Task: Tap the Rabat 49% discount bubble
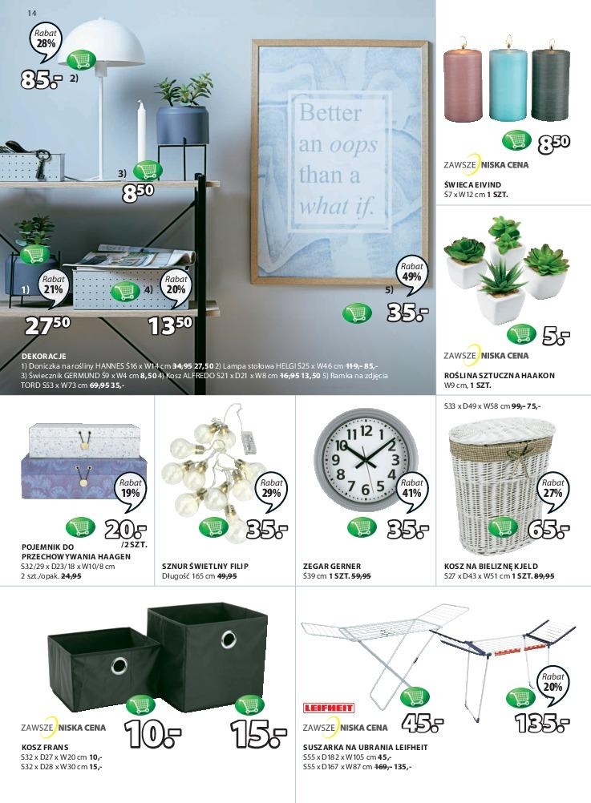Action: click(x=411, y=274)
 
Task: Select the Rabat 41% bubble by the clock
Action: click(x=411, y=490)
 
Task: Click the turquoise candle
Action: click(x=508, y=83)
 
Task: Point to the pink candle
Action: click(x=463, y=84)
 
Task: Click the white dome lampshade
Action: click(x=101, y=42)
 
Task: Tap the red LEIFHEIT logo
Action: click(x=329, y=708)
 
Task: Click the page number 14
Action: click(x=32, y=14)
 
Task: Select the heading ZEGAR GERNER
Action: click(x=332, y=566)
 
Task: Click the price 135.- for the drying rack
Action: click(x=542, y=724)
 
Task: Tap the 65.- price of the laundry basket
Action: click(x=548, y=529)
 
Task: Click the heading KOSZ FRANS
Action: click(x=45, y=747)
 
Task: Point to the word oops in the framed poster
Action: click(x=352, y=144)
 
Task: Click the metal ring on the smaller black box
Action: click(x=119, y=665)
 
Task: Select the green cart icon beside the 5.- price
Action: click(x=521, y=334)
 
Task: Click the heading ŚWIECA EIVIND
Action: click(x=472, y=184)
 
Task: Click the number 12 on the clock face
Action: click(x=365, y=430)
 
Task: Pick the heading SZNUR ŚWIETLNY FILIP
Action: click(x=205, y=566)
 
